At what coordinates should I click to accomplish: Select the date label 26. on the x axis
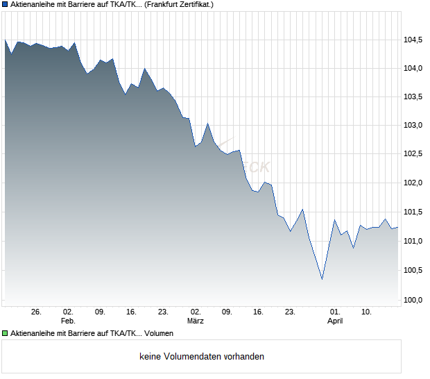click(37, 312)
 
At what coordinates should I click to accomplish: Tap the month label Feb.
click(68, 321)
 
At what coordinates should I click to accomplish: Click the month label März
click(196, 321)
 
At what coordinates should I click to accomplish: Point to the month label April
click(335, 321)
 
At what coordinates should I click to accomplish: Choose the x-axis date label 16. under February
click(132, 312)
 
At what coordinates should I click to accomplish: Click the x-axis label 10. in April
click(367, 312)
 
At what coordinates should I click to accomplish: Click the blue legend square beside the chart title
click(5, 4)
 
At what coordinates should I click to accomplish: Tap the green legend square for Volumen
click(5, 333)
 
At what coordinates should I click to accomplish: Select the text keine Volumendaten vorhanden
click(202, 357)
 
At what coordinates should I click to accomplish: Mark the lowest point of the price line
click(322, 280)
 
